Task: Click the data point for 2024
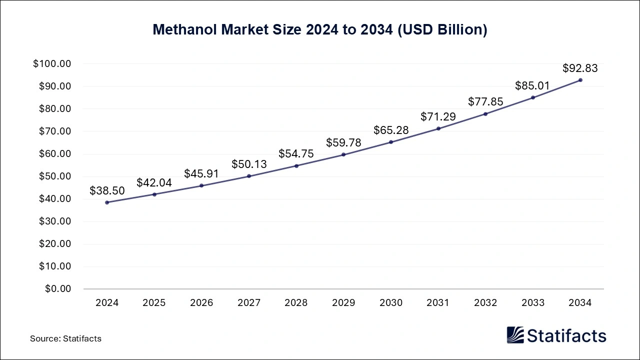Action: [x=107, y=202]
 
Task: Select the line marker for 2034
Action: [x=580, y=80]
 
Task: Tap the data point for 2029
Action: [x=343, y=154]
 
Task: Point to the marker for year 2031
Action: [x=438, y=128]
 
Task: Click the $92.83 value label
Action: [x=580, y=68]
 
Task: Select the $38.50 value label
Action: [x=107, y=190]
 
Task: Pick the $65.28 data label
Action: [x=391, y=130]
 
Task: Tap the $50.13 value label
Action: [x=249, y=164]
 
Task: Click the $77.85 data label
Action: [x=485, y=101]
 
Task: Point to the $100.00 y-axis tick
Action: [x=52, y=64]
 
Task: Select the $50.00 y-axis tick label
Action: [x=54, y=176]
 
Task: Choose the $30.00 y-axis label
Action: [x=54, y=221]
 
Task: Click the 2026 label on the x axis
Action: [x=201, y=303]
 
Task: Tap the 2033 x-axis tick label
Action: [x=533, y=303]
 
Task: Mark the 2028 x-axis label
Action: [x=296, y=303]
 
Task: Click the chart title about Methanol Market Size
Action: [x=320, y=29]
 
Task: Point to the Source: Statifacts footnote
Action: [x=65, y=338]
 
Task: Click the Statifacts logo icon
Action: [x=515, y=335]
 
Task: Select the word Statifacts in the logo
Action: [x=566, y=335]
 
